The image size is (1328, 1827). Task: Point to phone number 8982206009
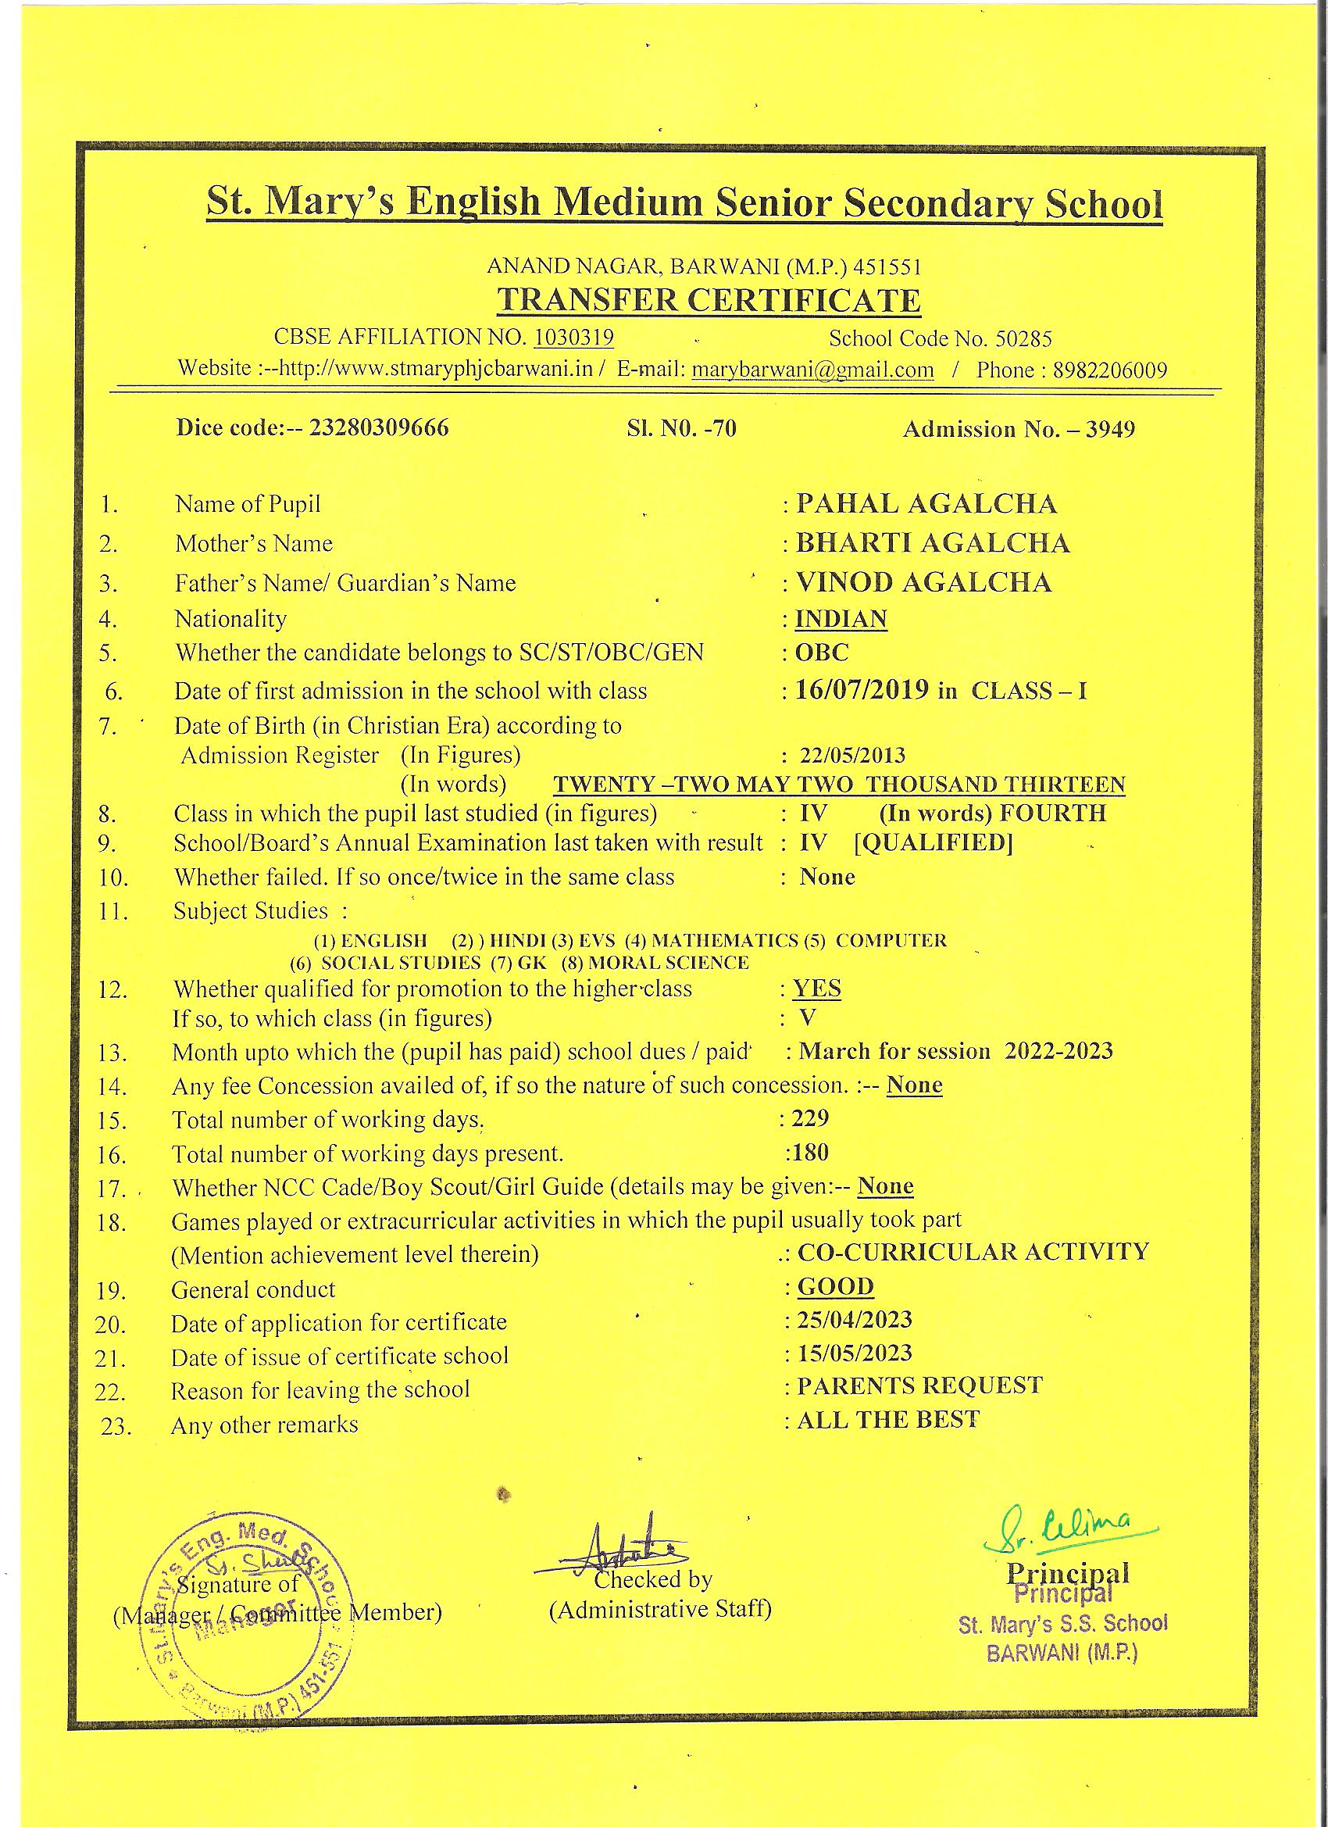tap(1111, 370)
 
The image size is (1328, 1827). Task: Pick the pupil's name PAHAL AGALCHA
tap(926, 504)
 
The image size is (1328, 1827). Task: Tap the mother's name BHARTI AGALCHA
tap(933, 543)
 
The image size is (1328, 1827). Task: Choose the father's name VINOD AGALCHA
tap(923, 582)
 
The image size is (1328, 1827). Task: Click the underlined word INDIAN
tap(841, 619)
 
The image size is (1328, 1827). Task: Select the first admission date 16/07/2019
tap(862, 690)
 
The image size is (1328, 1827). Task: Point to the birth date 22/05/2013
tap(852, 756)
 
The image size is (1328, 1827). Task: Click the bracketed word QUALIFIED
tap(933, 842)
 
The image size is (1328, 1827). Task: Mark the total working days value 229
tap(809, 1117)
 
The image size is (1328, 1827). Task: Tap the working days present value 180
tap(809, 1152)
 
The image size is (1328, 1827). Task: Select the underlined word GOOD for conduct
tap(835, 1286)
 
